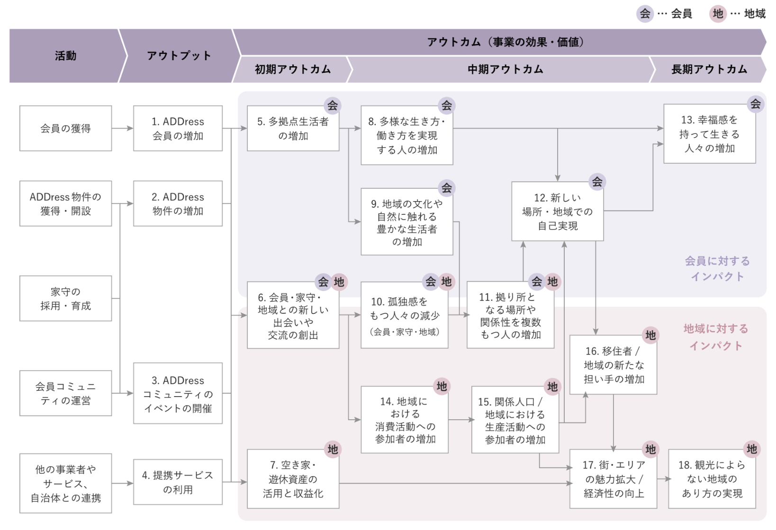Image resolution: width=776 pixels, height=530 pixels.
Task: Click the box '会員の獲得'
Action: coord(65,128)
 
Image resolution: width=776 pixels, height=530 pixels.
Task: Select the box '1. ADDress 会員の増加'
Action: coord(178,128)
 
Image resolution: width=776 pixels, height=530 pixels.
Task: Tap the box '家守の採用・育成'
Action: coord(65,298)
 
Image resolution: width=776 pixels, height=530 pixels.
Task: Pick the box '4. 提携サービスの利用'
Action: coord(178,482)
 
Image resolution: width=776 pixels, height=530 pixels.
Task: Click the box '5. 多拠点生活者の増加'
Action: coord(293,128)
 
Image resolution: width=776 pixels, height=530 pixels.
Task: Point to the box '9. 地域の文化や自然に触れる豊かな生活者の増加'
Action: coord(406,222)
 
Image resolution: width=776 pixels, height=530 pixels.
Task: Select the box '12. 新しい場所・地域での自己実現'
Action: coord(558,212)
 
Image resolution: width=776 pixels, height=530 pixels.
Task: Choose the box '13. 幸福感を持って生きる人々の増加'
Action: coord(710,134)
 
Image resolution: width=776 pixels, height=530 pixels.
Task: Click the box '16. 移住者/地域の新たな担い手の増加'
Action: coord(613,365)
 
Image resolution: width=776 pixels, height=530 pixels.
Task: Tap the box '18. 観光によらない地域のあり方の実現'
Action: coord(712,479)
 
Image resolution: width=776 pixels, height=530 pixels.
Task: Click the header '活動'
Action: coord(66,56)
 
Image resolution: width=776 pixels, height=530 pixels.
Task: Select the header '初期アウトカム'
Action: coord(293,70)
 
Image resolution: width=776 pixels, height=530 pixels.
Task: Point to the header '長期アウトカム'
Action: coord(709,70)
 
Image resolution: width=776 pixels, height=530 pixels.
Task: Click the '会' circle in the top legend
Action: coord(645,14)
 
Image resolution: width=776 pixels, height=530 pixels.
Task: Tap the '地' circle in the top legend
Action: coord(718,14)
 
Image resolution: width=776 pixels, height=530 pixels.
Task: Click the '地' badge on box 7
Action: coord(333,450)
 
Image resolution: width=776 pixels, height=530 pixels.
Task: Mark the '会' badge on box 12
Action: coord(597,182)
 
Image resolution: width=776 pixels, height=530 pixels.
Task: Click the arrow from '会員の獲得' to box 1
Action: coord(123,128)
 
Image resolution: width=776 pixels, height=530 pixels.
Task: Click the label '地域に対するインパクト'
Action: coord(716,337)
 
